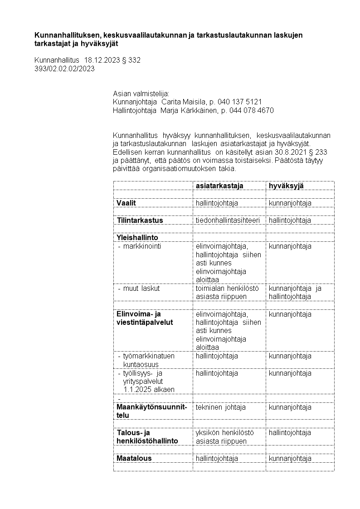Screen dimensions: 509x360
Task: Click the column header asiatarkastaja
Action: tap(219, 186)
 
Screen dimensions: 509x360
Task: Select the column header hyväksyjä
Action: tap(286, 186)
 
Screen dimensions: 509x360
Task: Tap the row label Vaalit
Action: tap(126, 203)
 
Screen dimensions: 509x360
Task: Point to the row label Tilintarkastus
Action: tap(140, 220)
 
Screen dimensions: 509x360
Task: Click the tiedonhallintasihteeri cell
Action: tap(228, 220)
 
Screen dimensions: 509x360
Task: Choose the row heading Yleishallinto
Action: tap(137, 237)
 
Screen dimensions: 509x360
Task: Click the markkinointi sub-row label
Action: tap(142, 246)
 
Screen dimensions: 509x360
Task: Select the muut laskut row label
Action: tap(141, 288)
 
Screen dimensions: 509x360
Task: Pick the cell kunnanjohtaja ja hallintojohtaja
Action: tap(295, 293)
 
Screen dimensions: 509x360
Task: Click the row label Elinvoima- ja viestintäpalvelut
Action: tap(138, 318)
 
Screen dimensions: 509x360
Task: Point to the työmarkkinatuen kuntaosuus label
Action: tap(148, 360)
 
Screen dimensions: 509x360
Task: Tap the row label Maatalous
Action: tap(134, 458)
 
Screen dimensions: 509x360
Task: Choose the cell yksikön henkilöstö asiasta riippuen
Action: tap(224, 437)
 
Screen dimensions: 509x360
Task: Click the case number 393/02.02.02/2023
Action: tap(64, 69)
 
